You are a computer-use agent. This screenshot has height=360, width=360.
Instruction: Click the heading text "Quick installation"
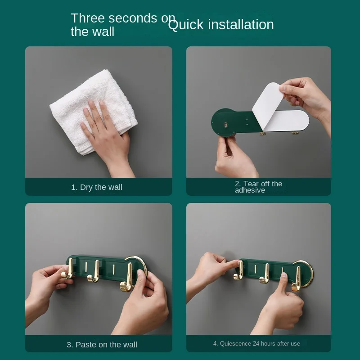(x=221, y=25)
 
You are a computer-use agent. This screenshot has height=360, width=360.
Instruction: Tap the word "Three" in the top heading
(x=88, y=18)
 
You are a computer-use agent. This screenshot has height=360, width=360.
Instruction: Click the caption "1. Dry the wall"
(x=97, y=187)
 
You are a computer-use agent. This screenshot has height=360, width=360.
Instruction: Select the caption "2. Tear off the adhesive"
(x=258, y=187)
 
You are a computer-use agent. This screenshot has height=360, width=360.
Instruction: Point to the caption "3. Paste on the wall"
(x=102, y=345)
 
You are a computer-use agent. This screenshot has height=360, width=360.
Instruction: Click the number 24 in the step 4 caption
(x=256, y=343)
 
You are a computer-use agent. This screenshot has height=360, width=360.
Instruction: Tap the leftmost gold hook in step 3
(x=67, y=269)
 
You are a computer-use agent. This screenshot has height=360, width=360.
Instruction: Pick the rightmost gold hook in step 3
(x=127, y=278)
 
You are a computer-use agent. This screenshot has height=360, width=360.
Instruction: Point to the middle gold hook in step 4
(x=265, y=274)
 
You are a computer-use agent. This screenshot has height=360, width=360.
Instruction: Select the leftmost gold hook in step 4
(x=239, y=271)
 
